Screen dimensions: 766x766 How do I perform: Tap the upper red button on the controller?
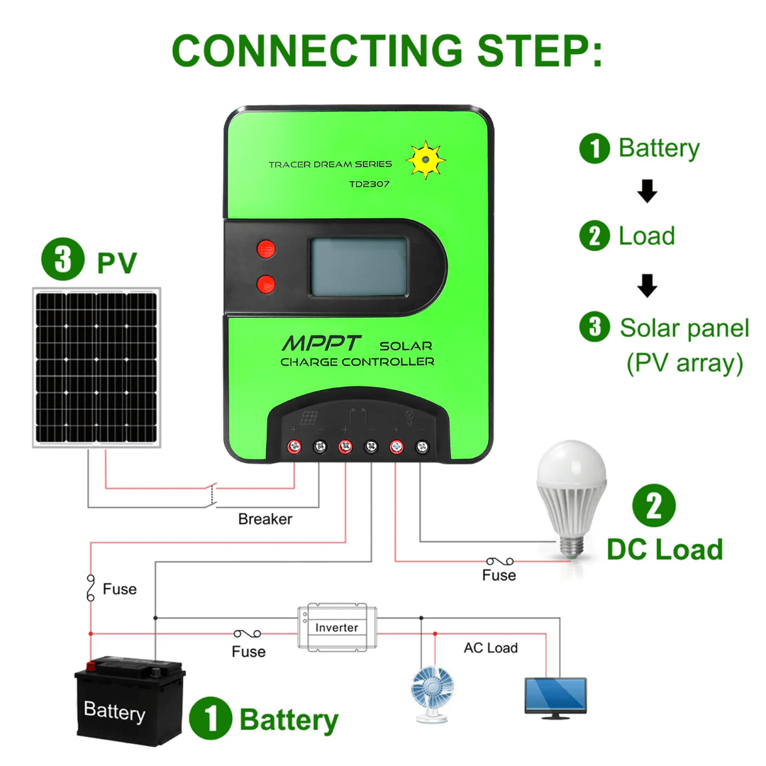[x=267, y=249]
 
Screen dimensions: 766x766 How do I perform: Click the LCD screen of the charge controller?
[x=358, y=266]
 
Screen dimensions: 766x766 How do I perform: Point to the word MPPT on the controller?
[x=323, y=343]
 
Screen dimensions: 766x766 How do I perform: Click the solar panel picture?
[x=97, y=367]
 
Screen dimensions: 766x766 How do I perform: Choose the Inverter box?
[x=337, y=626]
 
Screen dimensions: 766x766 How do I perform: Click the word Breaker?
[x=265, y=519]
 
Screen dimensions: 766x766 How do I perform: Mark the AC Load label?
[x=491, y=648]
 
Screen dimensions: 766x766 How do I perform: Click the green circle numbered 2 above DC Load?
[x=653, y=505]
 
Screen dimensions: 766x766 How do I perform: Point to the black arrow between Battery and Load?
[x=647, y=192]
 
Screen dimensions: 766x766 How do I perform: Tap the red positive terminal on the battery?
[x=91, y=666]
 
